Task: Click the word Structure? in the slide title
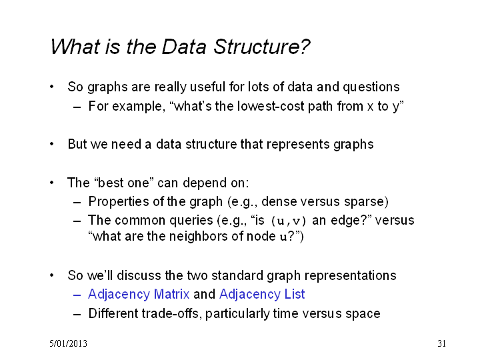(262, 47)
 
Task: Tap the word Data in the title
(184, 47)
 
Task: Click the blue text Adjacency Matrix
(139, 295)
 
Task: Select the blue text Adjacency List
(262, 295)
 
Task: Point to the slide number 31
(441, 343)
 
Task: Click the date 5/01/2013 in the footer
(68, 343)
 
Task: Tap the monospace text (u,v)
(289, 221)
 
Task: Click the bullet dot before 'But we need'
(52, 144)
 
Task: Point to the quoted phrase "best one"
(124, 183)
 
